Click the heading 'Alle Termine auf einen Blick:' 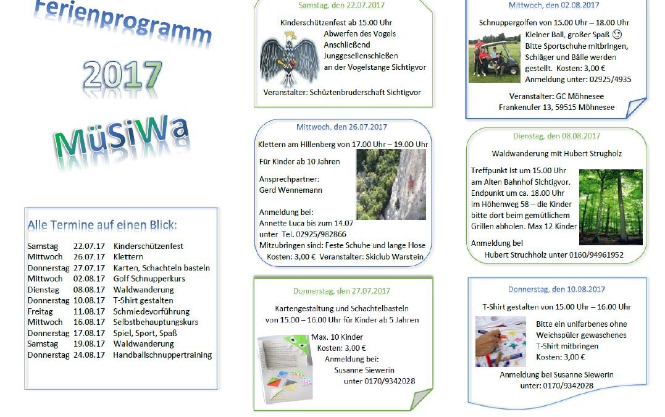pyautogui.click(x=102, y=225)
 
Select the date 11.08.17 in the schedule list pyautogui.click(x=89, y=311)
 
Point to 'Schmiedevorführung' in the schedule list pyautogui.click(x=151, y=311)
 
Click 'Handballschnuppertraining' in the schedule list pyautogui.click(x=162, y=355)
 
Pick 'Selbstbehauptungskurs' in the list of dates pyautogui.click(x=156, y=322)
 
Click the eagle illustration pyautogui.click(x=289, y=59)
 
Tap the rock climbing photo pyautogui.click(x=391, y=184)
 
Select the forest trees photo pyautogui.click(x=611, y=207)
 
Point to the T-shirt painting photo pyautogui.click(x=500, y=342)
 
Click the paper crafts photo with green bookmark pyautogui.click(x=285, y=368)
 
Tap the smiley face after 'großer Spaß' pyautogui.click(x=617, y=35)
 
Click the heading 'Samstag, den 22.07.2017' pyautogui.click(x=341, y=6)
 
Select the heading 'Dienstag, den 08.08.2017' pyautogui.click(x=556, y=136)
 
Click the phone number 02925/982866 pyautogui.click(x=321, y=234)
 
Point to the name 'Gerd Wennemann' pyautogui.click(x=291, y=190)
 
